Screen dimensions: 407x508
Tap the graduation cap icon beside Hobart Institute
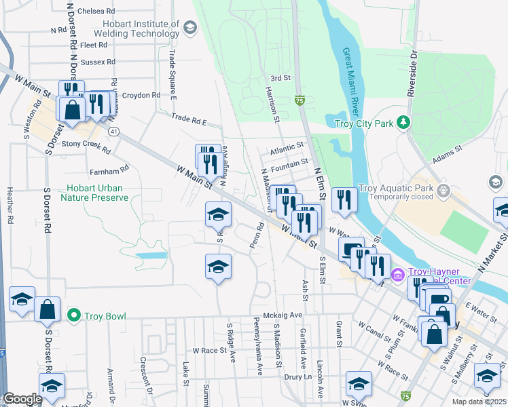point(190,28)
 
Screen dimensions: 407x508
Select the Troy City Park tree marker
point(403,123)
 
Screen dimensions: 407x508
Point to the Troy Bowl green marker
point(74,315)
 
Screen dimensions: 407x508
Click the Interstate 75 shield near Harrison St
point(300,100)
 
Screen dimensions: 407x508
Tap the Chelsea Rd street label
point(96,12)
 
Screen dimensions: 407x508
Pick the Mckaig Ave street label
point(283,315)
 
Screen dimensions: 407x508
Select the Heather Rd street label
point(10,206)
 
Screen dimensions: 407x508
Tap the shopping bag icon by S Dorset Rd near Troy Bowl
point(48,309)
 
